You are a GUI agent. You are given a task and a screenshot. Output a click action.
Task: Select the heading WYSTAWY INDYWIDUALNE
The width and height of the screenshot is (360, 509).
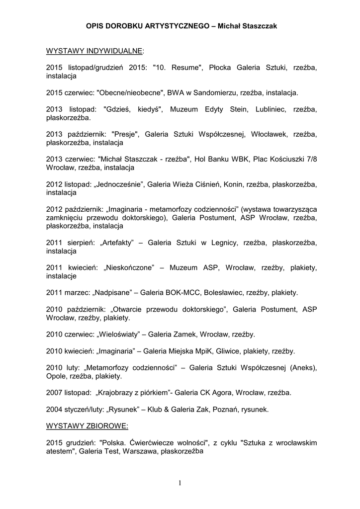pos(94,51)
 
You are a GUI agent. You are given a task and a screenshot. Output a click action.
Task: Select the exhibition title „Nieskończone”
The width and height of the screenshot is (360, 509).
pos(129,268)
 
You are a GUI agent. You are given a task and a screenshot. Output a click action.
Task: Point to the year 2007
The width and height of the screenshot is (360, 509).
pos(55,393)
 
